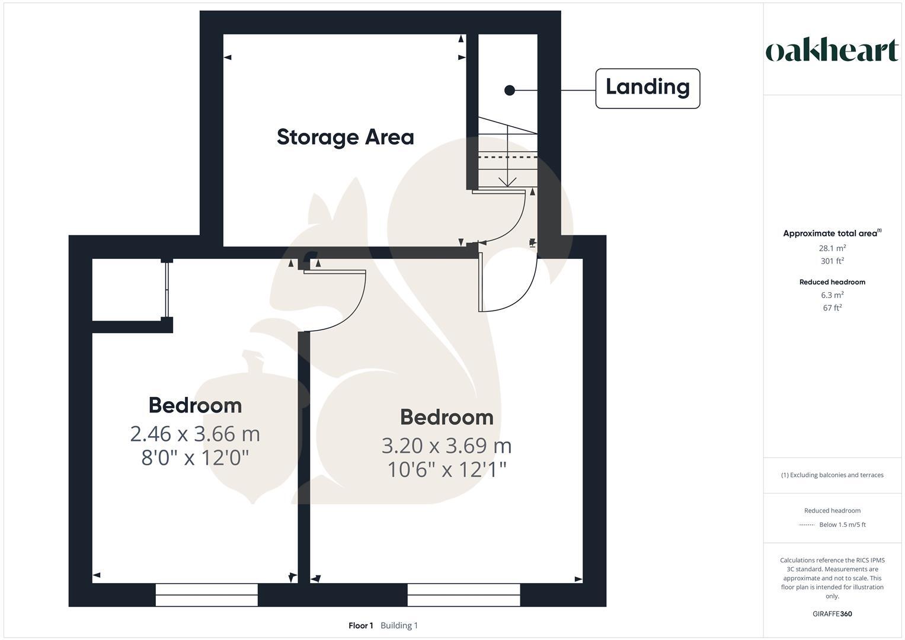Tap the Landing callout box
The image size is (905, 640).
click(647, 88)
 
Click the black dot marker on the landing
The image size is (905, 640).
click(509, 90)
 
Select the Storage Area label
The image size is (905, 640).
click(345, 137)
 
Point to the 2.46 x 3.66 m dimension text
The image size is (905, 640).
click(195, 434)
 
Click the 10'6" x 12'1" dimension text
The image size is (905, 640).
click(447, 469)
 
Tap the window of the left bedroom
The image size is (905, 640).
click(206, 594)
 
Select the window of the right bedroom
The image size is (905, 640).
click(463, 594)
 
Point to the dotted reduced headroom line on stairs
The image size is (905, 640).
click(507, 158)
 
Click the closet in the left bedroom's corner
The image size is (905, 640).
click(127, 290)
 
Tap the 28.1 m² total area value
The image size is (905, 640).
click(832, 248)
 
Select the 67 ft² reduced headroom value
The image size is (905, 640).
click(832, 308)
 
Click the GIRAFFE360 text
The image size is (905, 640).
click(832, 614)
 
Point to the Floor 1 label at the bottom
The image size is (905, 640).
click(360, 626)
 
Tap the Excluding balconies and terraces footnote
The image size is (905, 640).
click(832, 475)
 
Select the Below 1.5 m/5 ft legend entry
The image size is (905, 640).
click(842, 524)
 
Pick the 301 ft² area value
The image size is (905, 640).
click(832, 261)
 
